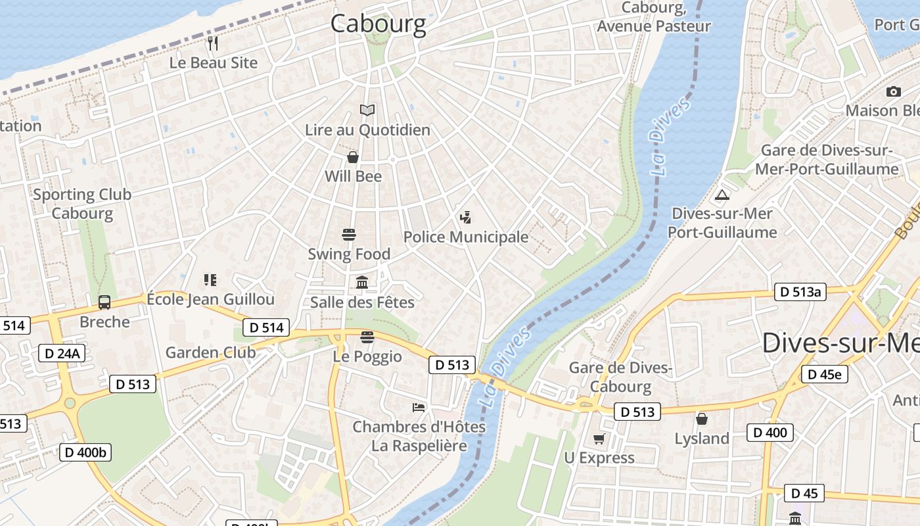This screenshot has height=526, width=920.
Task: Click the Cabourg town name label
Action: click(378, 24)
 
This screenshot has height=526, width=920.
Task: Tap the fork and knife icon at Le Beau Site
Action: click(213, 43)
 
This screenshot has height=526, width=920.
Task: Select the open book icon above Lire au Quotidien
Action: click(367, 110)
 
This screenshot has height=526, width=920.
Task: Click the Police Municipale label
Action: click(465, 237)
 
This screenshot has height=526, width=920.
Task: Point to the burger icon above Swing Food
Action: click(349, 235)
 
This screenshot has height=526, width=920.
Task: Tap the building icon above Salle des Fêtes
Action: click(362, 283)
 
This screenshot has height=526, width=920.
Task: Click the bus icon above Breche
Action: click(104, 302)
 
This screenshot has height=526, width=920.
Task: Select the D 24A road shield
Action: click(62, 354)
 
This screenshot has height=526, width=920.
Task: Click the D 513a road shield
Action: click(799, 293)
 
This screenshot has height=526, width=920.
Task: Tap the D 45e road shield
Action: click(824, 375)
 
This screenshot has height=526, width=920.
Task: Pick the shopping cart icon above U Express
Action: click(599, 439)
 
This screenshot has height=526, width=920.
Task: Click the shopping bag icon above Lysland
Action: click(702, 419)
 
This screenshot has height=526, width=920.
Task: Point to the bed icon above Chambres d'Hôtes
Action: click(419, 408)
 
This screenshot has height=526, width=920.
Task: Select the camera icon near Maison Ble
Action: click(893, 91)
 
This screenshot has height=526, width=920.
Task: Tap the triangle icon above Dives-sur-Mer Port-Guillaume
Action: click(722, 195)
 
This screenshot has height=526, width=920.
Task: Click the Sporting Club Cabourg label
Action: click(82, 204)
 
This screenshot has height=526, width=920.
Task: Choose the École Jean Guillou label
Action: click(210, 300)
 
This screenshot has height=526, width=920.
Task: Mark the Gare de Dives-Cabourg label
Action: click(620, 377)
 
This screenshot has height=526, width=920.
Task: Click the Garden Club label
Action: click(210, 352)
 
